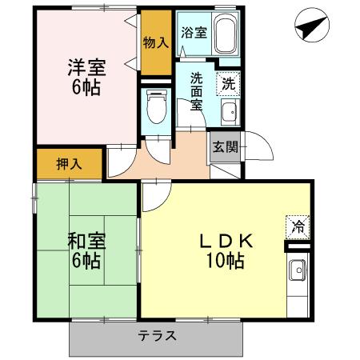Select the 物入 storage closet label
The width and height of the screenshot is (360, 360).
155,42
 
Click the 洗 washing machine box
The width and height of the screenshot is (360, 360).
229,82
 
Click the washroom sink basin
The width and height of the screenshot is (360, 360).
229,112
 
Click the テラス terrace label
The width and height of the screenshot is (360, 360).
158,335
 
